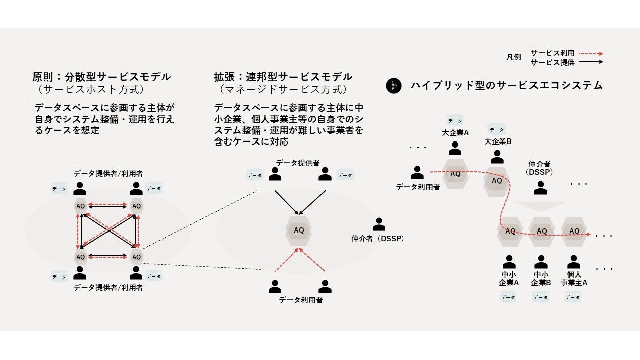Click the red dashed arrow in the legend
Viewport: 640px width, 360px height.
591,53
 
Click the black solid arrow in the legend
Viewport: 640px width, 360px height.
591,62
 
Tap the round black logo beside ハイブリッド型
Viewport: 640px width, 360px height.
394,86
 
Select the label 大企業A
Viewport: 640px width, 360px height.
455,133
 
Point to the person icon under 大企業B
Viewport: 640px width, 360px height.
497,157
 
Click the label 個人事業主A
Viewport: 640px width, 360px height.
574,279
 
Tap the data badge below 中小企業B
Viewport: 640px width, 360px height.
540,297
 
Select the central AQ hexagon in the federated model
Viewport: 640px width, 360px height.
299,230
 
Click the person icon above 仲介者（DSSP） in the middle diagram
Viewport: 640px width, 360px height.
379,224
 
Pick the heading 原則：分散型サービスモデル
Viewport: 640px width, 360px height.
101,77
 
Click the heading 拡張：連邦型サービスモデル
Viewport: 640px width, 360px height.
283,77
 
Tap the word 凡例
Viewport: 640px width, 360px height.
514,57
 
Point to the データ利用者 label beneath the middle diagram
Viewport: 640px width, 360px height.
301,300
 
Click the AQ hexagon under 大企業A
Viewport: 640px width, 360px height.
455,174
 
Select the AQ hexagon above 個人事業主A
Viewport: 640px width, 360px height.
574,231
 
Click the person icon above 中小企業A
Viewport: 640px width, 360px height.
509,262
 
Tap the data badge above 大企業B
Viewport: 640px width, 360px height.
497,130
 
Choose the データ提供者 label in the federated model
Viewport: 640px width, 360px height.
298,163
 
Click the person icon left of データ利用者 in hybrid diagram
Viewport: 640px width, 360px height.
417,173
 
